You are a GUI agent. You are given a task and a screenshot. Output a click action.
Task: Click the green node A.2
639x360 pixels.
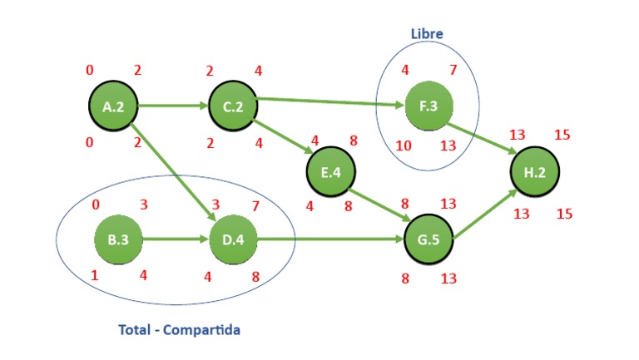(x=113, y=106)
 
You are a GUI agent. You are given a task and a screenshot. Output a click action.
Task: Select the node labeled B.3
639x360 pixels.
(x=118, y=240)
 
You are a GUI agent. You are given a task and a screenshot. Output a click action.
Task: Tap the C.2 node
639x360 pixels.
(x=232, y=106)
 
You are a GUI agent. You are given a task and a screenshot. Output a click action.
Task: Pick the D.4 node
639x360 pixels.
(x=233, y=240)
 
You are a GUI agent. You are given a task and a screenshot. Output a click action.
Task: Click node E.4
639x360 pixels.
(x=330, y=173)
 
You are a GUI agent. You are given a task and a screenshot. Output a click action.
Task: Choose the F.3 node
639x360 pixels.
(x=428, y=107)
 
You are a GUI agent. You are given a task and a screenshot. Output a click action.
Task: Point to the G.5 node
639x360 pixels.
(x=428, y=240)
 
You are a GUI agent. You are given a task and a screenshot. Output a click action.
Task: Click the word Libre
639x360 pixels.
(x=427, y=34)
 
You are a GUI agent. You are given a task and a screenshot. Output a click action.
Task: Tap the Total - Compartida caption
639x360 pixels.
(x=179, y=330)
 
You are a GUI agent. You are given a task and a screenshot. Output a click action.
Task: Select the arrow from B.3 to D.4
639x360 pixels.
(x=176, y=240)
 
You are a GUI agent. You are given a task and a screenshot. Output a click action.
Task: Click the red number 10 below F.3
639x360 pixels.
(x=404, y=146)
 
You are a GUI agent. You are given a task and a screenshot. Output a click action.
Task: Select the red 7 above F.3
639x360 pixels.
(x=453, y=70)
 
